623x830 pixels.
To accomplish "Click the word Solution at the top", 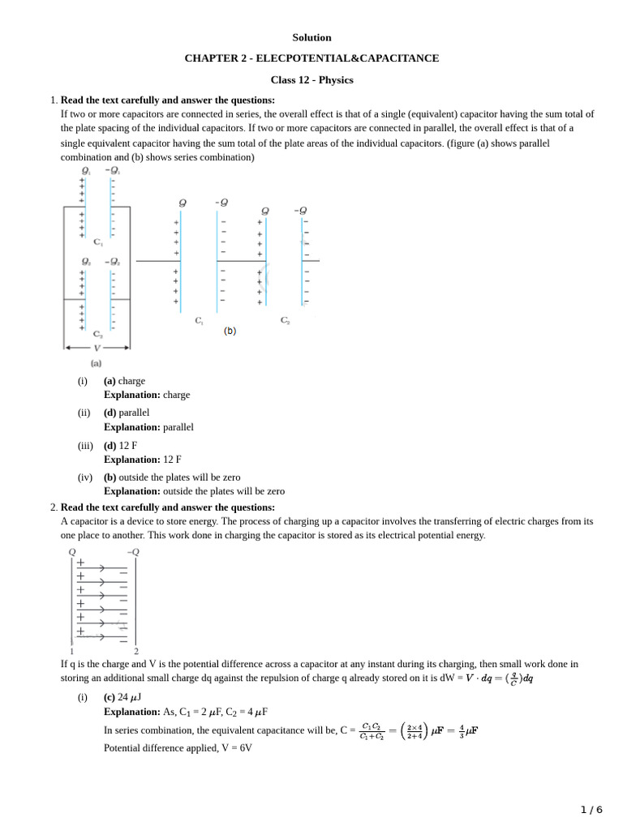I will tap(311, 37).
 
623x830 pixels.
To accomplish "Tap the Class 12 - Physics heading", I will tap(311, 79).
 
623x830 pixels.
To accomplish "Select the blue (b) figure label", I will tap(230, 331).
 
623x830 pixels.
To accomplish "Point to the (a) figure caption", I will tap(97, 364).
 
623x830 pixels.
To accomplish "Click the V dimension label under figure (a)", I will tap(97, 348).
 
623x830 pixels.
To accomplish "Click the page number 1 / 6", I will tap(591, 810).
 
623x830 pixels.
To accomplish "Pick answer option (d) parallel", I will tap(127, 413).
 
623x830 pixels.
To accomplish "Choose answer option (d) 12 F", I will tap(120, 445).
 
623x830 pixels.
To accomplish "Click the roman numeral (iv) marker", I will tap(85, 477).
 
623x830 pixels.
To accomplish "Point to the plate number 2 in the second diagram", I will tap(135, 651).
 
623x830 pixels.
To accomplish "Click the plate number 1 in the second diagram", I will tap(72, 651).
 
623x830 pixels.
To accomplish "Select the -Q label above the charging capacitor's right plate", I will tap(133, 552).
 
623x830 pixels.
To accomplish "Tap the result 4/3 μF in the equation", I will tap(463, 730).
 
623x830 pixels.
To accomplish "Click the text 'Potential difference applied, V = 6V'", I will tap(178, 748).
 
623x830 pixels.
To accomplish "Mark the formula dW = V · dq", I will tap(487, 678).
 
